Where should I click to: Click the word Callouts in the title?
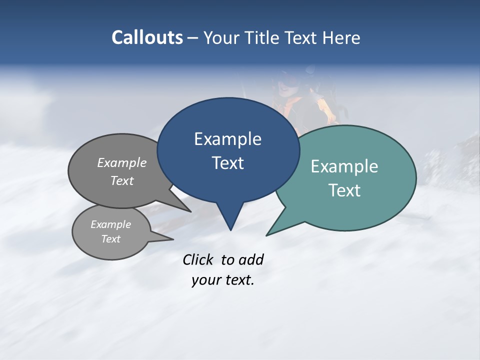tap(147, 37)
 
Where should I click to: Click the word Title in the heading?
tap(263, 37)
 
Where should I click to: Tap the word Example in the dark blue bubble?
tap(227, 139)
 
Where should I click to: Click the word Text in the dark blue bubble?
tap(227, 163)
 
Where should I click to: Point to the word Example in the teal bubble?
tap(344, 166)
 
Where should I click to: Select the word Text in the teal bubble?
tap(344, 190)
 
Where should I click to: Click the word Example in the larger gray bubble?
tap(121, 163)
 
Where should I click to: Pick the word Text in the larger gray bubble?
tap(121, 181)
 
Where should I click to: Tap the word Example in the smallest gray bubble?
tap(110, 224)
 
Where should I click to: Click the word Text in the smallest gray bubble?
tap(110, 239)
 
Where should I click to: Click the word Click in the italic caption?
tap(197, 260)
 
